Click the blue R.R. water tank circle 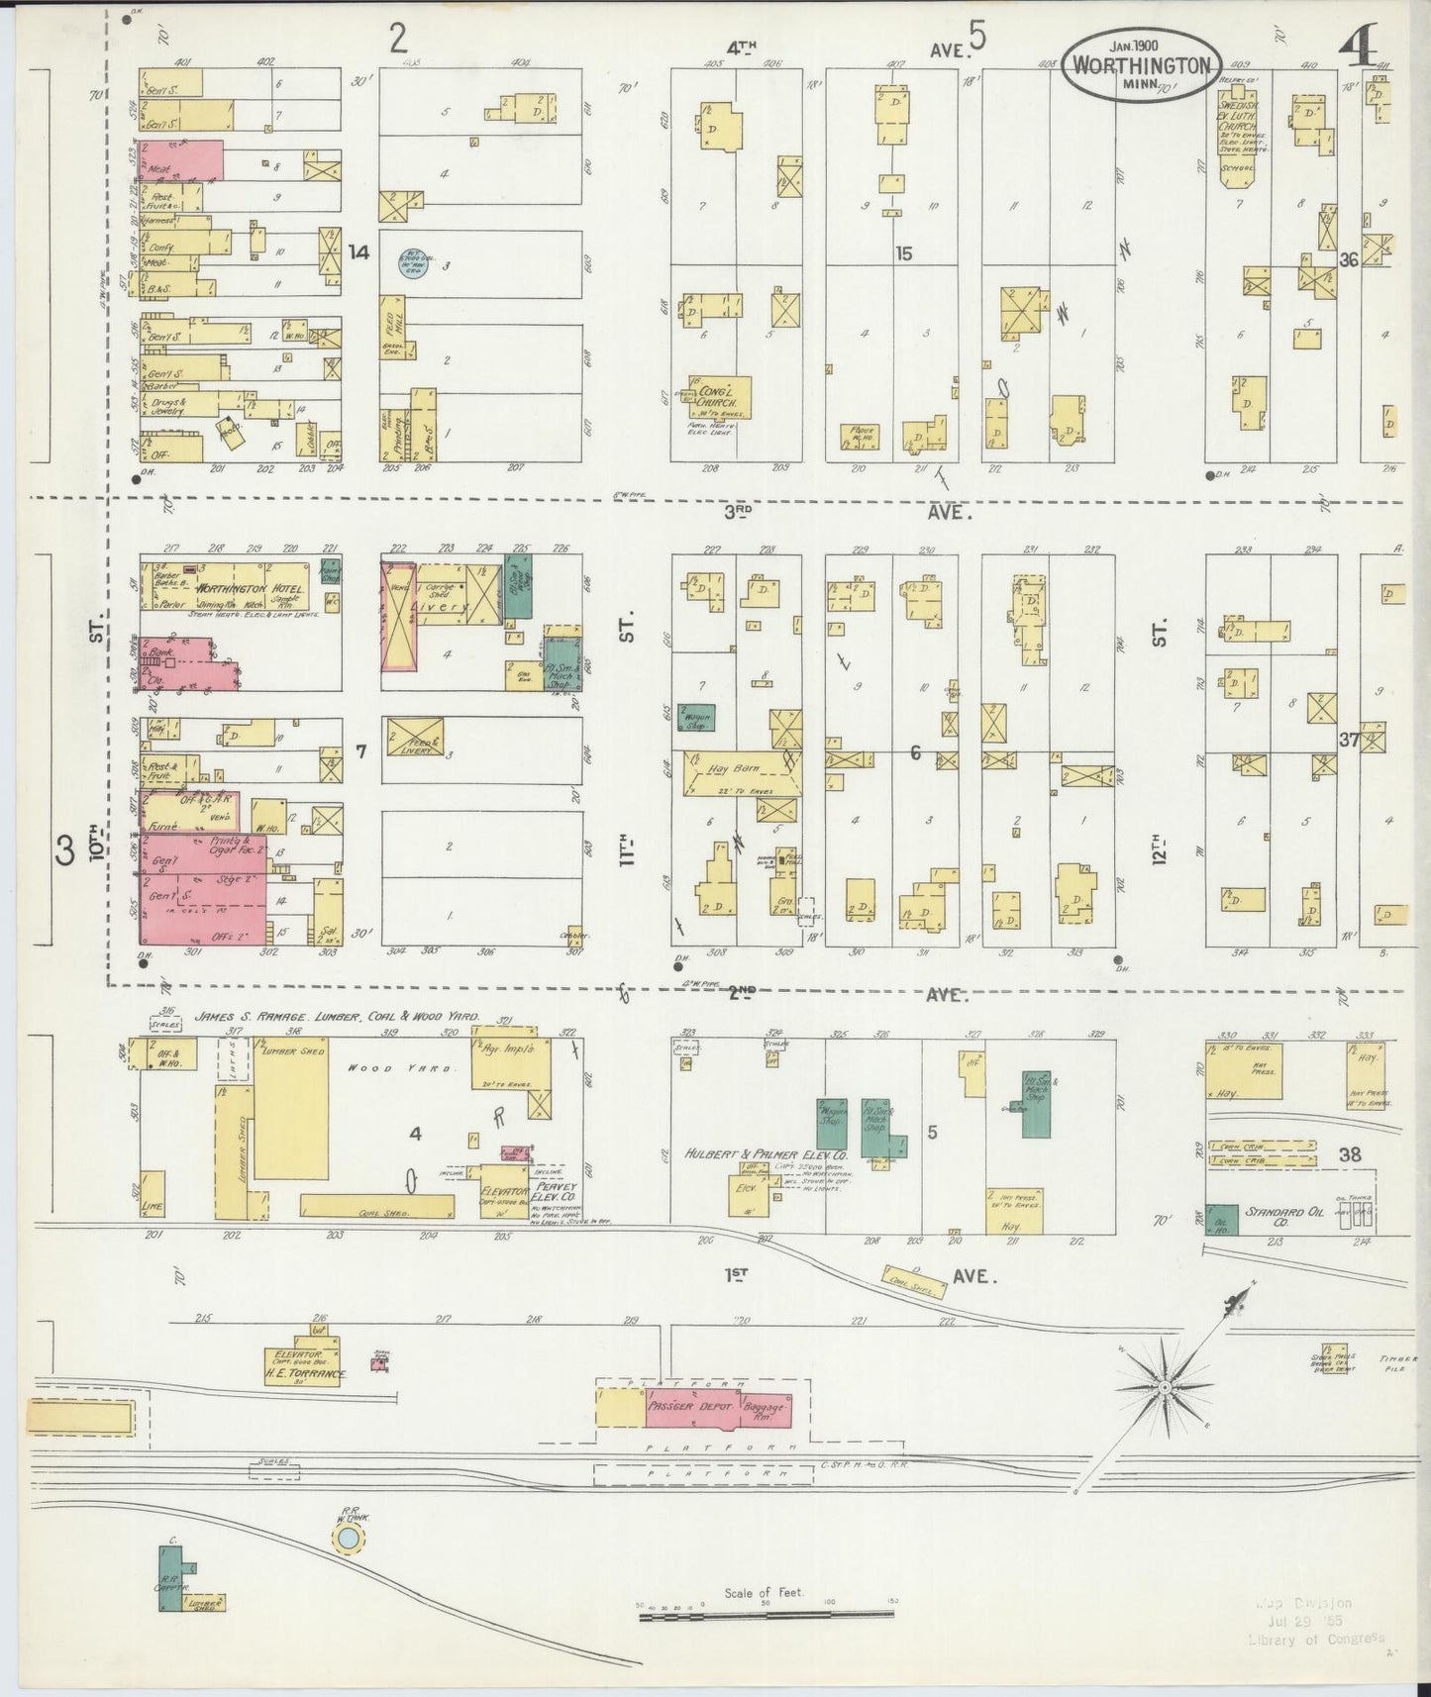348,1565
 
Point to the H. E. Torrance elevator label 303,1375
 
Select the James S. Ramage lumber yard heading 337,1016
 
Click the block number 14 358,253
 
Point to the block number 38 1348,1153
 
